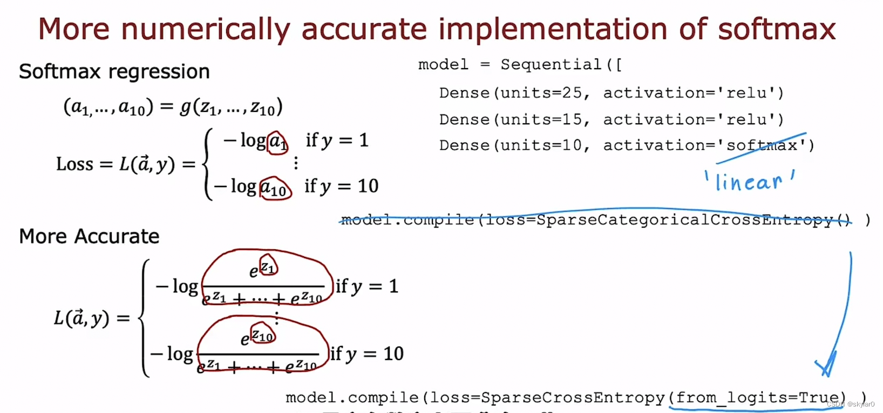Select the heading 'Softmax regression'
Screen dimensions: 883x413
tap(114, 71)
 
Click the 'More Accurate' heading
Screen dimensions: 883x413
tap(89, 236)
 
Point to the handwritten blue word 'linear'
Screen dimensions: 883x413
tap(749, 182)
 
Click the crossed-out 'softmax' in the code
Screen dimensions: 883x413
tap(762, 145)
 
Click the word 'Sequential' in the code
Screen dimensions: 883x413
tap(551, 64)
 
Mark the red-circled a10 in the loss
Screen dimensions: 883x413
tap(275, 189)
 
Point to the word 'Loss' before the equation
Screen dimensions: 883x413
tap(74, 164)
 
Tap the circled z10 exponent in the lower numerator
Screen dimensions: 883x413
tap(263, 336)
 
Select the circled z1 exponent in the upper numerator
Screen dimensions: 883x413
tap(268, 267)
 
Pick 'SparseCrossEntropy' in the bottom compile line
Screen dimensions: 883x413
tap(573, 398)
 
